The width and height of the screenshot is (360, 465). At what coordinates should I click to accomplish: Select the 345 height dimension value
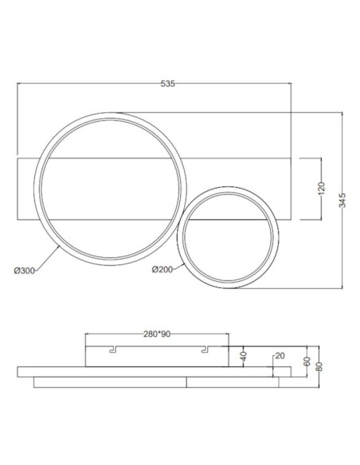point(342,200)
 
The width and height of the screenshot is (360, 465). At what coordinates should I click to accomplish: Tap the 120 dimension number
point(322,189)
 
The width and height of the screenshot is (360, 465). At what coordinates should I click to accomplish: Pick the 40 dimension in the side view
point(243,354)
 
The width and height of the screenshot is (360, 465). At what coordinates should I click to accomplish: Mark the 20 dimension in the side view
point(279,355)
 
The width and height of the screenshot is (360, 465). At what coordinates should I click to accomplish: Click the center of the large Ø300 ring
point(109,186)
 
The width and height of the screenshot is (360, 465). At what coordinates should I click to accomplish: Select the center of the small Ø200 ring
point(229,236)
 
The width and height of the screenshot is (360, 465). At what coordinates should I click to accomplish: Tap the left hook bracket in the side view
point(113,350)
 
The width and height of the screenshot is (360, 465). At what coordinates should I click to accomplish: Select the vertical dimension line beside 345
point(342,239)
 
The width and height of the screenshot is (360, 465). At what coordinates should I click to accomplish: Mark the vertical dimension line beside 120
point(321,207)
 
